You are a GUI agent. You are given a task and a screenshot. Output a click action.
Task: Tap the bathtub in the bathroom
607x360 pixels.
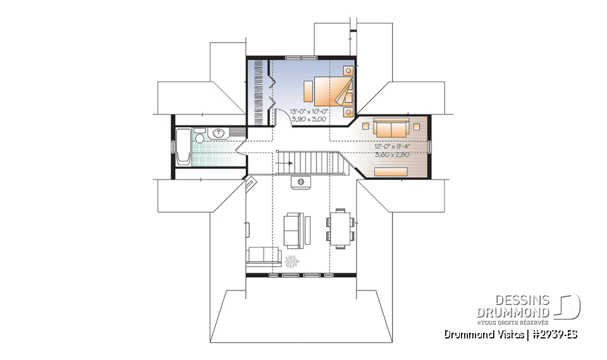click(x=183, y=147)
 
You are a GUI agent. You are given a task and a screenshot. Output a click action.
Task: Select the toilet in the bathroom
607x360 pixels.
click(x=200, y=137)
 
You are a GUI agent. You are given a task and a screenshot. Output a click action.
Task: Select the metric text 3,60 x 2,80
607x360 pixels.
click(x=393, y=154)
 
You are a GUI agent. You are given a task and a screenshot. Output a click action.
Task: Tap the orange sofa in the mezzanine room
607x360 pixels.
click(x=392, y=129)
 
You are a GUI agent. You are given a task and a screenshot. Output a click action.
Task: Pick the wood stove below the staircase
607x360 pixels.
click(x=300, y=182)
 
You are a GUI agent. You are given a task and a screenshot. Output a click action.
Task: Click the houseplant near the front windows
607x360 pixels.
click(x=292, y=261)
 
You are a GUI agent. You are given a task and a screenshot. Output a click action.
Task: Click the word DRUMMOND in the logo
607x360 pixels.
click(x=513, y=313)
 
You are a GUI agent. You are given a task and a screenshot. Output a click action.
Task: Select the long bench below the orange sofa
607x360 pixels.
click(x=390, y=171)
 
